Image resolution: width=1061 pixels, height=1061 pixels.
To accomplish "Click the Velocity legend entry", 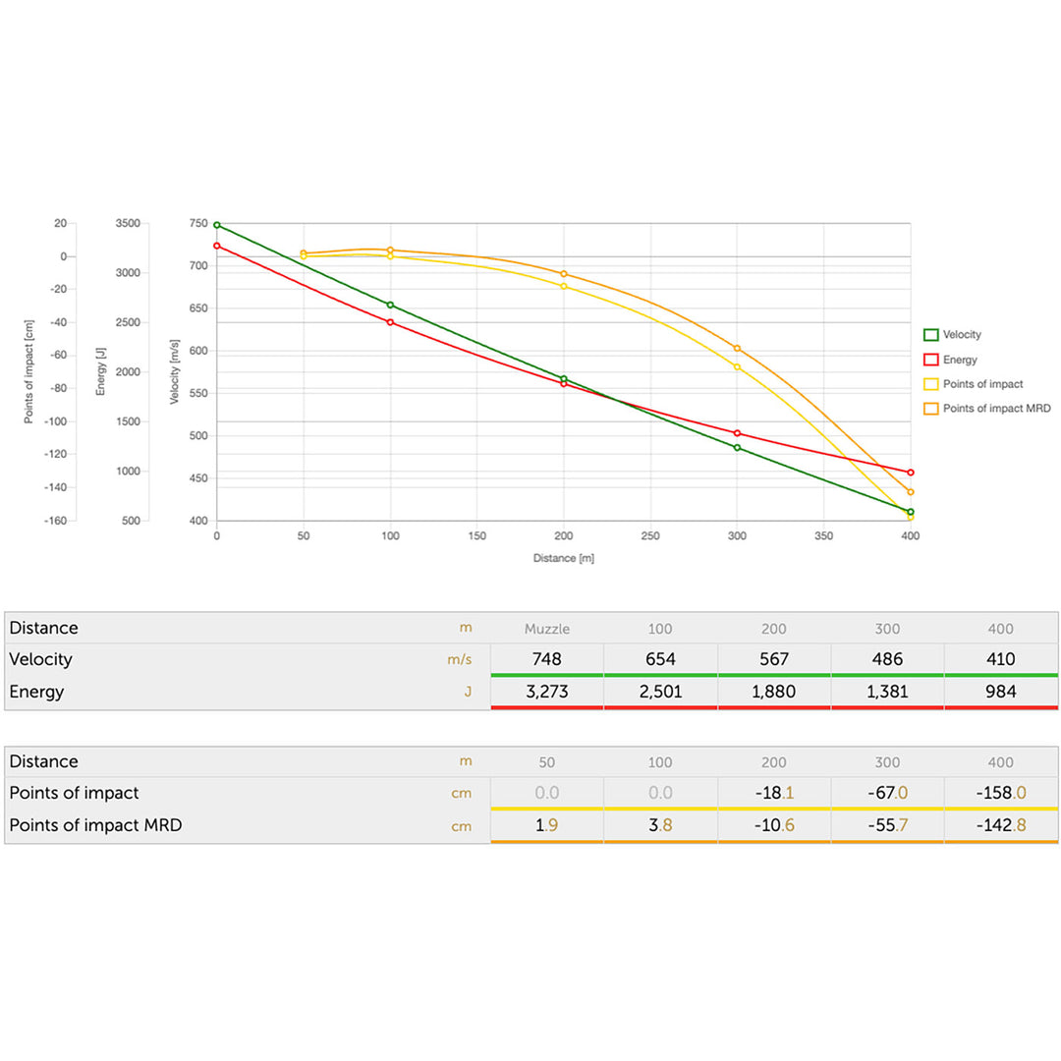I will tap(961, 335).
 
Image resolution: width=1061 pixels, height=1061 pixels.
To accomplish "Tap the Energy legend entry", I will tap(959, 360).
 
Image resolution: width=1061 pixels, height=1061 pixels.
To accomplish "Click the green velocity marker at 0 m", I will tap(217, 225).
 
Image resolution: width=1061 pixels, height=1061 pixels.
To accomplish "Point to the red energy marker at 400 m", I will tap(911, 473).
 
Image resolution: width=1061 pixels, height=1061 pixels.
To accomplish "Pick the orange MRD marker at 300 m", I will tap(737, 348).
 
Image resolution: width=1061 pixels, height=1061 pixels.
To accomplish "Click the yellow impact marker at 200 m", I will tap(564, 286).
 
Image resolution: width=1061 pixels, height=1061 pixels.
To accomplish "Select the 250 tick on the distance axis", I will tap(650, 536).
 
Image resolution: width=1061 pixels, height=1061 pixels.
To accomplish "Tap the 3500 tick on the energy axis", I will tap(128, 224).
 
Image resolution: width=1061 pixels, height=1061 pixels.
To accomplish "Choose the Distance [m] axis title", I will tap(564, 558).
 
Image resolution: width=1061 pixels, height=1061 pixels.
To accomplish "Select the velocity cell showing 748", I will tap(546, 659).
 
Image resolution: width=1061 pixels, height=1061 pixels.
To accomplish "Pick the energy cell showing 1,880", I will tap(774, 692).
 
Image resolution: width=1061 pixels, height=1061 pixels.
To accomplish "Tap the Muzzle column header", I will tap(546, 629).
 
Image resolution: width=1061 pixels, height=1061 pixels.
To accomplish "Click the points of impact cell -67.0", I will tap(887, 793).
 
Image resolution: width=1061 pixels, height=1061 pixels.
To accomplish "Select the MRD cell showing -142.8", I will tap(1000, 825).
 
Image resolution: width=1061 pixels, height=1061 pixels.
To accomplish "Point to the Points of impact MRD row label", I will tap(95, 825).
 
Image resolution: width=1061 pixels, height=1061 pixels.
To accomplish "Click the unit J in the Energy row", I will tap(468, 692).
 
